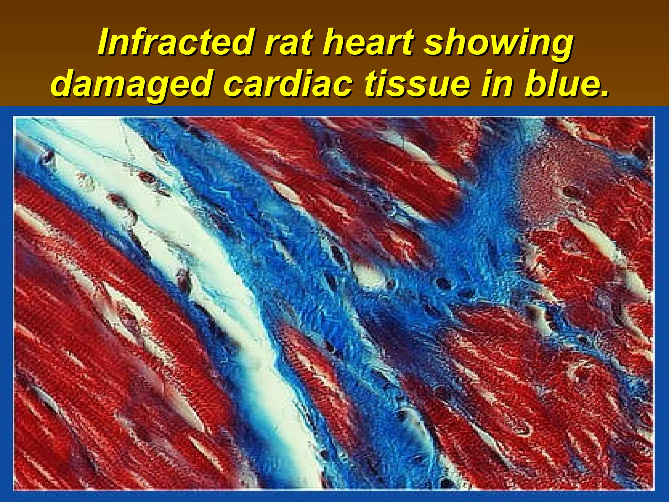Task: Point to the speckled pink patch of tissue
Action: (x=555, y=176)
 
